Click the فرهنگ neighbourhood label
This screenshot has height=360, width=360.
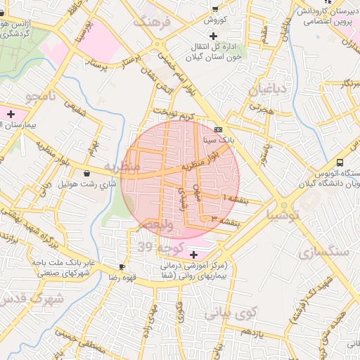[x=156, y=22]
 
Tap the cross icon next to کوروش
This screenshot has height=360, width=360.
[x=214, y=9]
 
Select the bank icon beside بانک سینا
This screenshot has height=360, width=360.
[x=218, y=130]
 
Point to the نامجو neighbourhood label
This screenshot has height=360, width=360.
[x=41, y=96]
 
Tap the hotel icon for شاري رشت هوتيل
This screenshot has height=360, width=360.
[x=86, y=173]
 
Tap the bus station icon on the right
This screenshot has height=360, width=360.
[x=340, y=161]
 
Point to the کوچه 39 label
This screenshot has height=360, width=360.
[x=161, y=247]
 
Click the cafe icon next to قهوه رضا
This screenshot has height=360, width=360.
[x=122, y=267]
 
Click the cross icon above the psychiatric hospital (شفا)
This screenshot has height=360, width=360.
[x=194, y=254]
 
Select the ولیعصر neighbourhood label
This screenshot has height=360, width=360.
[x=154, y=224]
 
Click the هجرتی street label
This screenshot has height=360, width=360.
[x=259, y=109]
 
